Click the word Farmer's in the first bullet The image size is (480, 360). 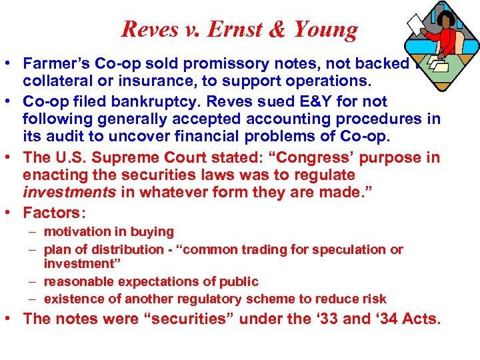[52, 64]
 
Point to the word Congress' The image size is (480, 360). [303, 159]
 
